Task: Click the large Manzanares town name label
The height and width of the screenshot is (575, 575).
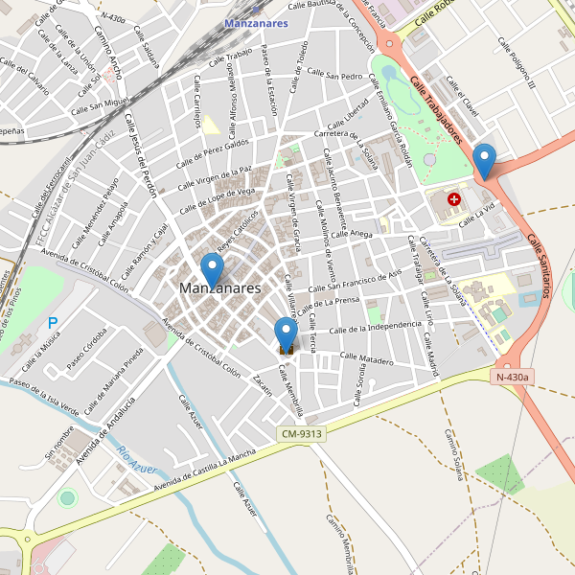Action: coord(219,287)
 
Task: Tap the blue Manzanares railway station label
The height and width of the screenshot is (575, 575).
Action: coord(256,23)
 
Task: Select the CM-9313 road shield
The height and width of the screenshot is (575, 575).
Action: coord(301,434)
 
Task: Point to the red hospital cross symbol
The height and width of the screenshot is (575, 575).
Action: coord(454,200)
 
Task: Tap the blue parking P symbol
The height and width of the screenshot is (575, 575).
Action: coord(53,324)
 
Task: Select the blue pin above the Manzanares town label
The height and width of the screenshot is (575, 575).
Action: coord(212,269)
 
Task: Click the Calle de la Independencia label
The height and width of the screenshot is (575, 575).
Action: coord(375,328)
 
